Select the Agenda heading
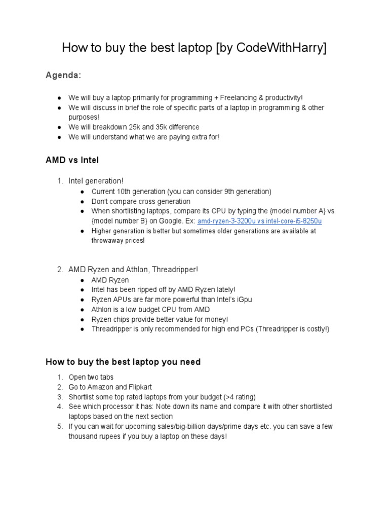pos(63,76)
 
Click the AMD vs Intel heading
pos(72,160)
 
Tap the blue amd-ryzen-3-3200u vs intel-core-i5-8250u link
pos(260,221)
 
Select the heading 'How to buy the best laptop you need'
pos(123,362)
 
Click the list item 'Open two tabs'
pos(91,377)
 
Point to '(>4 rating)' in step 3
pos(238,397)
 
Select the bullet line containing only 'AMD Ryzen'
pos(110,280)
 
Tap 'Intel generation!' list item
pos(96,181)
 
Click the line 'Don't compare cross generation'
pos(141,201)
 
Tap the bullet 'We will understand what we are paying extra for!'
pos(144,137)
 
